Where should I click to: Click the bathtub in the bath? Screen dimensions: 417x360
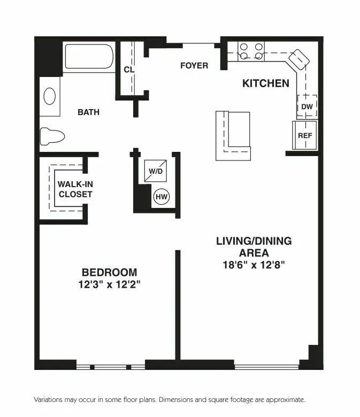(x=89, y=57)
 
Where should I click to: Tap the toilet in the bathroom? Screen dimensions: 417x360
(x=52, y=136)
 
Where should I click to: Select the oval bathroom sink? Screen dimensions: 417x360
(x=49, y=96)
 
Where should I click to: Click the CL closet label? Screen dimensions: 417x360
(x=128, y=69)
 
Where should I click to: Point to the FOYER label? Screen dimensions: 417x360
(x=194, y=65)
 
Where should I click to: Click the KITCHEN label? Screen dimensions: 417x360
(x=266, y=83)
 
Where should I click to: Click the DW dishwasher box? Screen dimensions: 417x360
(x=307, y=106)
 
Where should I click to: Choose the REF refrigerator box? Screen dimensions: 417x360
(x=305, y=136)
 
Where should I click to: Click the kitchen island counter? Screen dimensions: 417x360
(x=233, y=136)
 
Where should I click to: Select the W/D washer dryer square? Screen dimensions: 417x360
(x=156, y=171)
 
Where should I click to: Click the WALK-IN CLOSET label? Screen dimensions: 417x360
(x=75, y=189)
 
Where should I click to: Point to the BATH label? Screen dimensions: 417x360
(x=88, y=112)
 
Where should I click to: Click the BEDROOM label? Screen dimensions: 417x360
(x=109, y=272)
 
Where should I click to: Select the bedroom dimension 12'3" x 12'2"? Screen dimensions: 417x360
(x=109, y=284)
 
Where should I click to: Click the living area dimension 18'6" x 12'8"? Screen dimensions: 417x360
(x=254, y=265)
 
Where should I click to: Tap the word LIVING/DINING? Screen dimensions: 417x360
(x=254, y=241)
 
